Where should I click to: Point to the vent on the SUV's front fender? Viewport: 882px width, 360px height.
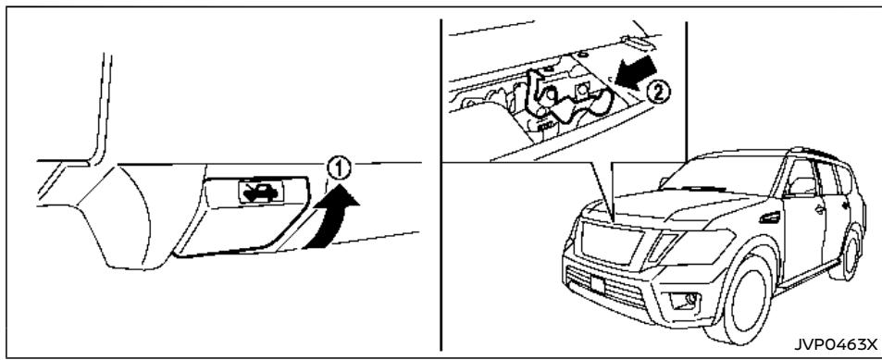(767, 219)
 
